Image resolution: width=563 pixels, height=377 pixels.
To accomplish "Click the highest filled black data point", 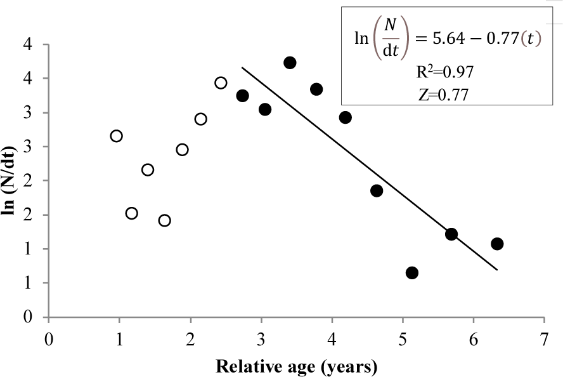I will tap(290, 63).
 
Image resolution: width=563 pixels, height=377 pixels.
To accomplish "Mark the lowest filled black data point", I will tap(412, 273).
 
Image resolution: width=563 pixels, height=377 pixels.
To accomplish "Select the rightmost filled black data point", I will tap(497, 244).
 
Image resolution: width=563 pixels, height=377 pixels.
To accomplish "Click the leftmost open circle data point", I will tap(117, 136).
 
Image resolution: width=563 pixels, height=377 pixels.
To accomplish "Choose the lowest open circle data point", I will tap(165, 221).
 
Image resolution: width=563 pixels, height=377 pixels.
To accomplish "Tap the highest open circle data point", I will tap(221, 83).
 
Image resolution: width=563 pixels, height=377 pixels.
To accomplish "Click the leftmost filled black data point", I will tap(242, 96).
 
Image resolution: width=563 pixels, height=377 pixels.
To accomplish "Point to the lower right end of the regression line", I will tap(497, 270).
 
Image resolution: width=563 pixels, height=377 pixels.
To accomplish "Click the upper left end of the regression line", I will tap(242, 67).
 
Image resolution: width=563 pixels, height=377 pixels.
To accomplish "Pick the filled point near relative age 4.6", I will tap(377, 191).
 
